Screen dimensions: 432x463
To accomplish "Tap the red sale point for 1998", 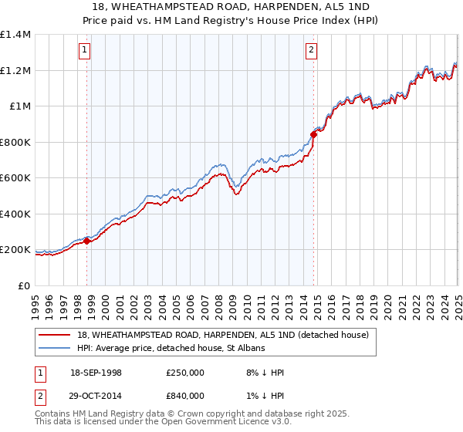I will pos(87,241).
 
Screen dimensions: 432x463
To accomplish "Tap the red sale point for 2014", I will pos(314,134).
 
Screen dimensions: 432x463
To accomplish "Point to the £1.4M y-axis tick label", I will pos(15,35).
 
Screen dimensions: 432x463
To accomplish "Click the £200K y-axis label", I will pos(15,250).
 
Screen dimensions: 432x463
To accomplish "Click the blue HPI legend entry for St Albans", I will pos(171,348).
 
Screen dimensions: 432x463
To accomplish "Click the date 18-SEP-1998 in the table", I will pos(96,373).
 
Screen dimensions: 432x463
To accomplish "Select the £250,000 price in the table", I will pos(184,373).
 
